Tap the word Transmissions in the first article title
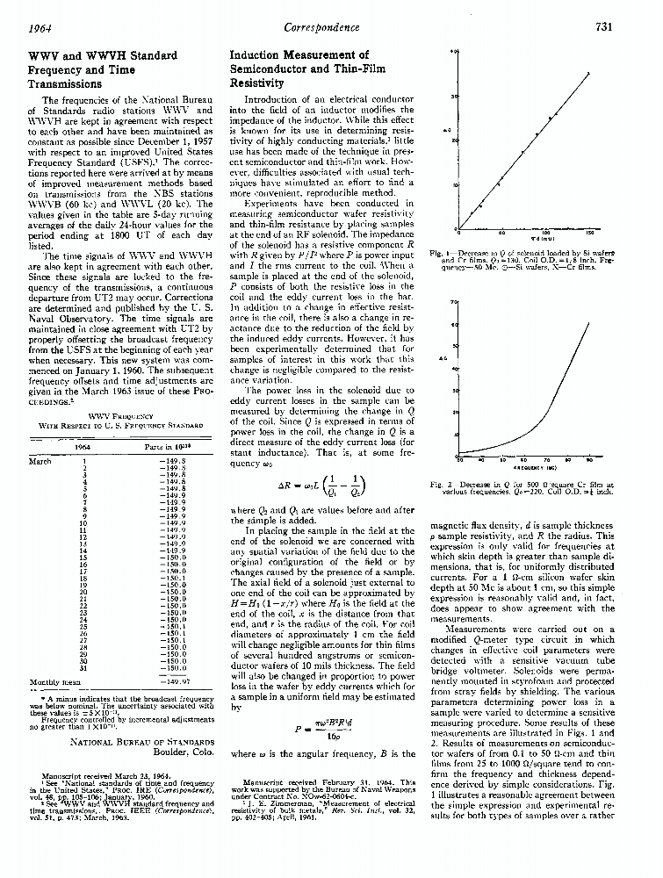coord(67,84)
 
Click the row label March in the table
coord(40,460)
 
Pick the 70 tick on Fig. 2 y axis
coord(454,302)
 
